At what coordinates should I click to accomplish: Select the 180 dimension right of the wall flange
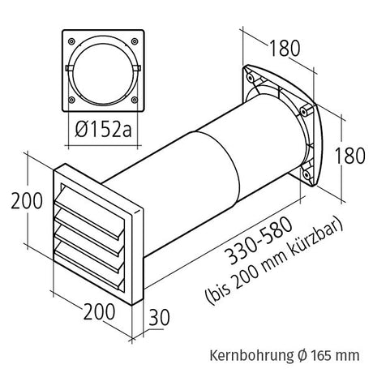coord(345,154)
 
